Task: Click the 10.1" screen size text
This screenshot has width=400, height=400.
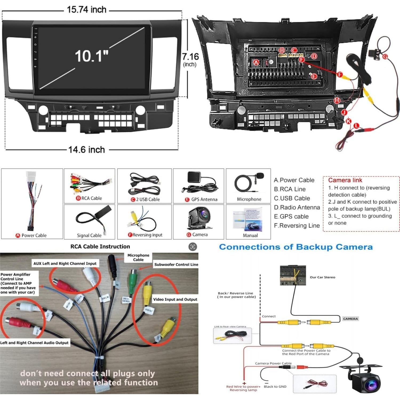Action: click(x=91, y=56)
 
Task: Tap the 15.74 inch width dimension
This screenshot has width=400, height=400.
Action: click(x=87, y=10)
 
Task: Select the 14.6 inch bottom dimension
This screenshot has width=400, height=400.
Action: click(x=87, y=150)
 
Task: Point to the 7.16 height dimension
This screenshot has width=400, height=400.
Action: click(x=190, y=57)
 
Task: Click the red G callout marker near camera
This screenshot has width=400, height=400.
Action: click(x=385, y=57)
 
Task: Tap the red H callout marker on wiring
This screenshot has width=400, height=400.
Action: click(x=337, y=100)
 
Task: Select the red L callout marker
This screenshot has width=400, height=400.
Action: click(x=357, y=126)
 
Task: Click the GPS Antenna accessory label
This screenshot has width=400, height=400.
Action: click(x=202, y=199)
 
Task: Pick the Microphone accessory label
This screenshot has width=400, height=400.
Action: click(x=249, y=199)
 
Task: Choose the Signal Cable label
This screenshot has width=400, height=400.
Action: click(x=89, y=235)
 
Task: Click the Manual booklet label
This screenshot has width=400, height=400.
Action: click(x=250, y=235)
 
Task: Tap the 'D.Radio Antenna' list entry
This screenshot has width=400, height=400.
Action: click(x=297, y=207)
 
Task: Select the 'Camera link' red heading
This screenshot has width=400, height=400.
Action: click(x=345, y=180)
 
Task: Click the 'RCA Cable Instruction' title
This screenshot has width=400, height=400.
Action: click(x=100, y=246)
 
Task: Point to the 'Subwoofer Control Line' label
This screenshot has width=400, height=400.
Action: click(x=176, y=265)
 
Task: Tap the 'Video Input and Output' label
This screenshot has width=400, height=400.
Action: click(x=175, y=299)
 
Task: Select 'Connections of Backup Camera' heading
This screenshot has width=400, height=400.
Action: click(x=296, y=247)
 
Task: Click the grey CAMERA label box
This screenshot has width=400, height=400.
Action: click(x=350, y=319)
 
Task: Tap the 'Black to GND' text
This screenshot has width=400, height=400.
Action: click(x=275, y=386)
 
